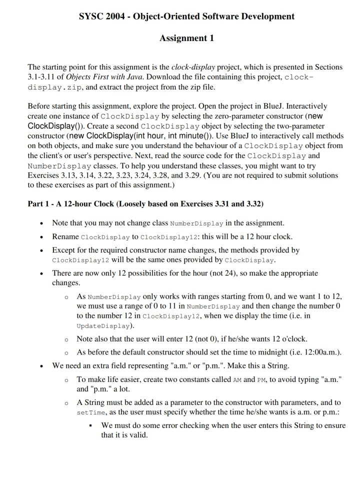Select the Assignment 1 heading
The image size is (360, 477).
186,38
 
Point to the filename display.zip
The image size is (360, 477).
52,87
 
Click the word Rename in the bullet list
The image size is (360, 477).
65,236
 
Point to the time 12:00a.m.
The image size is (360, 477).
318,351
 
